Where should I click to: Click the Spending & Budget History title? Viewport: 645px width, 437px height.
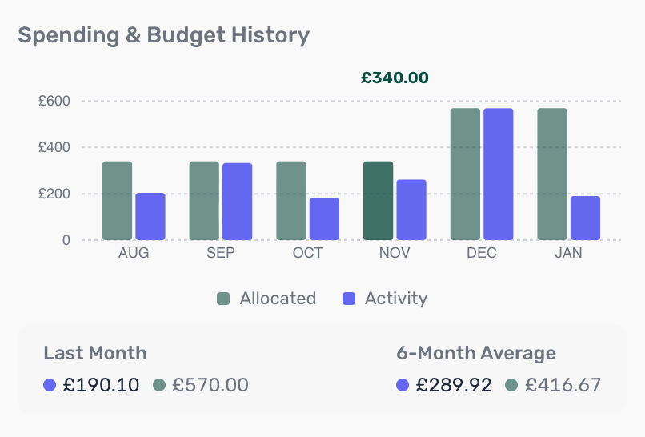pos(163,35)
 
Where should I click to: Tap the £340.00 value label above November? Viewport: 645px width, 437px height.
pos(395,78)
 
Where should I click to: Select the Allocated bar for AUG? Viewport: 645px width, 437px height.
pos(117,201)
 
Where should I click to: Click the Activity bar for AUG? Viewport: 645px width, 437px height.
pos(150,216)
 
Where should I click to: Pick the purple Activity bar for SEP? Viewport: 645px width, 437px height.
pos(237,202)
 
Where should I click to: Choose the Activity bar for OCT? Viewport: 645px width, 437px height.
pos(324,218)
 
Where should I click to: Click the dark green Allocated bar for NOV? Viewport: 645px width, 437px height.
pos(378,201)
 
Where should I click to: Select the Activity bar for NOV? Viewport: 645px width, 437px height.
pos(411,210)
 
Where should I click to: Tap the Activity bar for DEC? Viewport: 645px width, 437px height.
pos(498,174)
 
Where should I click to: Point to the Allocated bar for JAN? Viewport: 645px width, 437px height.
pos(552,174)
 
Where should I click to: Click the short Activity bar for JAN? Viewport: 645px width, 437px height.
pos(585,218)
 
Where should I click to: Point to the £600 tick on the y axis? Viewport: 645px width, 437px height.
pos(54,102)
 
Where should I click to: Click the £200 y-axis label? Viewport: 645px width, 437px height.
pos(54,194)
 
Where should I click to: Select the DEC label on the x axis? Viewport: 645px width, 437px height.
pos(482,253)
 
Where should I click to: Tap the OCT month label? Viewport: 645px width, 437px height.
pos(308,253)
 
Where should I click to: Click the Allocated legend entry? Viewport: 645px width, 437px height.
pos(266,299)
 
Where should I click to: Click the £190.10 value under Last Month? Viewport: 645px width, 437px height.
pos(101,385)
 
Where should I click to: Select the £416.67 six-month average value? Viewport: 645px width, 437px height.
pos(563,385)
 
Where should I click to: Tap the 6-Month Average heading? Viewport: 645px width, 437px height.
pos(475,353)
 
